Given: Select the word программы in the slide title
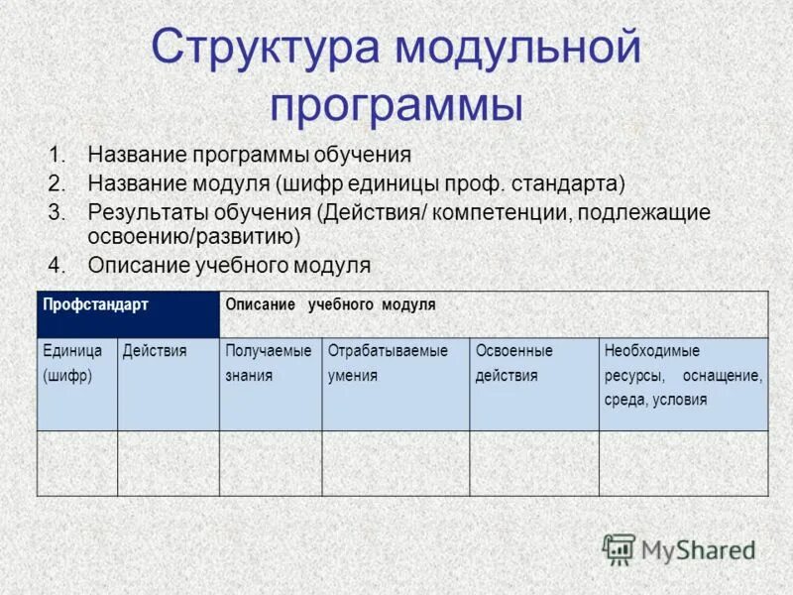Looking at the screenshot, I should point(396,104).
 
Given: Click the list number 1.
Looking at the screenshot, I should point(56,156).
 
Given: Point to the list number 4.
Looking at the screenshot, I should point(56,266).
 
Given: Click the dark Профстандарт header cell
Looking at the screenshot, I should point(128,314).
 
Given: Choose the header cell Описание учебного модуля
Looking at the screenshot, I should point(494,314).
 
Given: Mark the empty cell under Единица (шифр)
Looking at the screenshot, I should point(77,463).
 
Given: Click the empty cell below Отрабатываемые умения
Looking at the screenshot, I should point(396,463).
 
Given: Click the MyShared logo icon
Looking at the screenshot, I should point(619,548).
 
